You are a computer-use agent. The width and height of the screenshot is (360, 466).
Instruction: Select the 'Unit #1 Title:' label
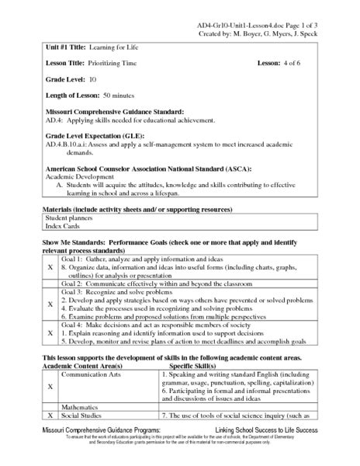64,47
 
